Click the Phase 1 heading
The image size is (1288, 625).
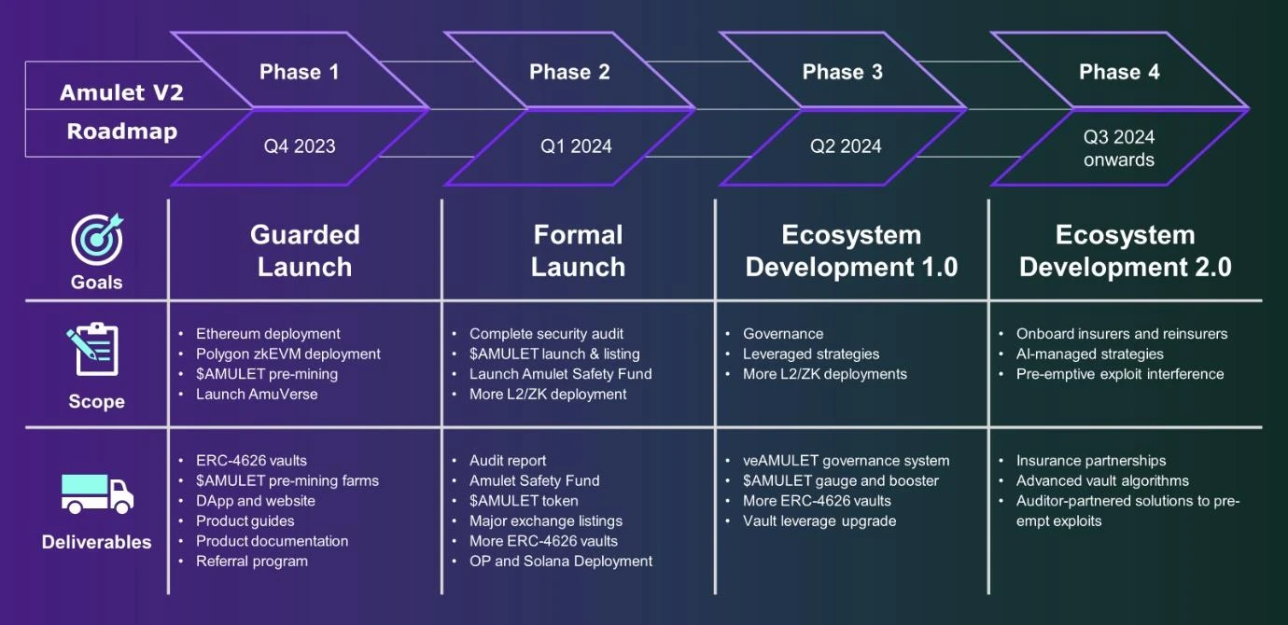coord(299,72)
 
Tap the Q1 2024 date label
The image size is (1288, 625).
coord(576,146)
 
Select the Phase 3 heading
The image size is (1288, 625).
coord(843,72)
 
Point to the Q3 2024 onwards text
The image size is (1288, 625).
coord(1119,147)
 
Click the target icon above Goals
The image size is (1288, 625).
coord(97,240)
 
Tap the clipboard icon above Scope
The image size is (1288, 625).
coord(93,349)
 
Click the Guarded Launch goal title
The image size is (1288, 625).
coord(305,251)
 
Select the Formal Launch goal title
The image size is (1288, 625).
coord(578,251)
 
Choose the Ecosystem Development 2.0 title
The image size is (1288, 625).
coord(1126,251)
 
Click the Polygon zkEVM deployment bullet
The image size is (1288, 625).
coord(288,354)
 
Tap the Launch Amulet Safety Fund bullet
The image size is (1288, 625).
coord(561,374)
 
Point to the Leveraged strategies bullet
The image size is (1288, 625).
coord(811,354)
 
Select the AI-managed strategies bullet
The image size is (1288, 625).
coord(1089,354)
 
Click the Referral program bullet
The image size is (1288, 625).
coord(252,562)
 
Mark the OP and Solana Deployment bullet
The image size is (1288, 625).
coord(561,562)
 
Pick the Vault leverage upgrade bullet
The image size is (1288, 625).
coord(819,521)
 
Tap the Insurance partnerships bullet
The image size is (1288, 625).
coord(1091,461)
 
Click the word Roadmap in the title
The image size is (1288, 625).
coord(122,132)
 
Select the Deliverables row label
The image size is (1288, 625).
coord(97,542)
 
